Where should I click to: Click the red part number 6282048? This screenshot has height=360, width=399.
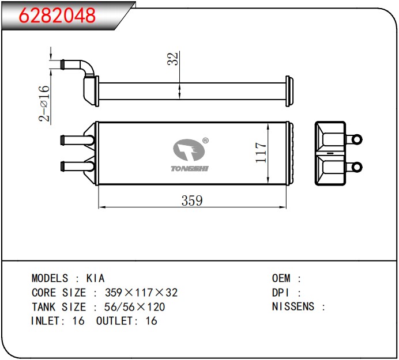pos(57,15)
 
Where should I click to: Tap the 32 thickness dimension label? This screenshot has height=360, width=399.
pos(173,59)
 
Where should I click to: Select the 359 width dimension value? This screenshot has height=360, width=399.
pos(192,200)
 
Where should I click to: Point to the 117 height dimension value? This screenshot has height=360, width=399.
pos(261,153)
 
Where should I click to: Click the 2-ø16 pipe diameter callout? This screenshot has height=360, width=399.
pos(44,103)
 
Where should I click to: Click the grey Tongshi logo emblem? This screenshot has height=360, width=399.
pos(189,150)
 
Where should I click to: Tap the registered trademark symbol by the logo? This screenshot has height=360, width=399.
pos(205,141)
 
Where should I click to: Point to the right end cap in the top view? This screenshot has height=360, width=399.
pos(289,91)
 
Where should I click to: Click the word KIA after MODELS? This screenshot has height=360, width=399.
pos(95,278)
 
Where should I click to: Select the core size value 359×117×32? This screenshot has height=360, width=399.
pos(141,293)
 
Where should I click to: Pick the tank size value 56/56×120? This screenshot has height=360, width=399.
pos(134,307)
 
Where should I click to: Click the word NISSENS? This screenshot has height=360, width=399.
pos(293,306)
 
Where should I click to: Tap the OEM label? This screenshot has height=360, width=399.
pos(281,278)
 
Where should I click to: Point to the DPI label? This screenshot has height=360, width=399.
pos(281,293)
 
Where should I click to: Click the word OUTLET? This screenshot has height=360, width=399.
pos(115,321)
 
